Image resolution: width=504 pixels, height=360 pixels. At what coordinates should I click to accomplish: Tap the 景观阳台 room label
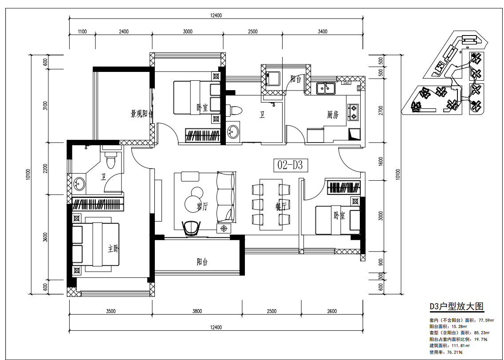(142, 114)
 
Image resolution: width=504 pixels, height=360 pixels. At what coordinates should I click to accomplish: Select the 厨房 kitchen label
(333, 115)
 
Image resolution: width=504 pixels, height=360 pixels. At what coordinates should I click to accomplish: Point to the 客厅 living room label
(202, 206)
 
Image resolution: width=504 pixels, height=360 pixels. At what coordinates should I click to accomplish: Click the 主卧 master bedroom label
(113, 249)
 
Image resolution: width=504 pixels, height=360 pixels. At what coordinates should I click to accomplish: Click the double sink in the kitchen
(326, 88)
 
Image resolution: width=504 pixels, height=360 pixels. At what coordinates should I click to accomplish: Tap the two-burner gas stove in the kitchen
(353, 112)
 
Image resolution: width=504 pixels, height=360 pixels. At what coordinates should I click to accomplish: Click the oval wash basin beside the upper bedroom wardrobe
(233, 131)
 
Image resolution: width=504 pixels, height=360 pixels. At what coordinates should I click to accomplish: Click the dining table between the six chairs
(271, 204)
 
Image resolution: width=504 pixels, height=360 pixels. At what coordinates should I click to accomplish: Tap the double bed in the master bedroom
(95, 245)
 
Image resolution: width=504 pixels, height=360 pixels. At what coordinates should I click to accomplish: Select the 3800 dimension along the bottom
(197, 311)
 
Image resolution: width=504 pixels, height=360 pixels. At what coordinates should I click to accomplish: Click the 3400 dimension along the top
(323, 32)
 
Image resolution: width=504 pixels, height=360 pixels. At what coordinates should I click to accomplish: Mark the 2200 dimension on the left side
(45, 168)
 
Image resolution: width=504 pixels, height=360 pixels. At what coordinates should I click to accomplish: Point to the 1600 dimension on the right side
(381, 162)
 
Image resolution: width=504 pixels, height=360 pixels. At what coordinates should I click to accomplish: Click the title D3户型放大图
(457, 307)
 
